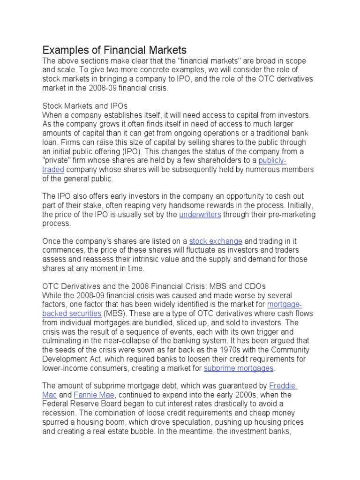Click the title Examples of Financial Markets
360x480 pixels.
coord(115,50)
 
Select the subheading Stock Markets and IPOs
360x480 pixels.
coord(85,106)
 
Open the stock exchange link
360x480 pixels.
coord(216,241)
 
